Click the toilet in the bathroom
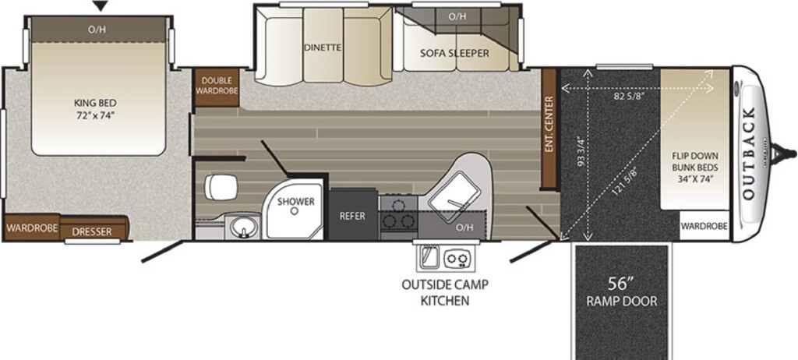[221, 187]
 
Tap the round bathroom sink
[242, 227]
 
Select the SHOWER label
[295, 202]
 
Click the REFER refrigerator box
[353, 215]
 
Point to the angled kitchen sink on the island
[454, 197]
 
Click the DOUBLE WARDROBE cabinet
[217, 87]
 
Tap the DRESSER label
[92, 232]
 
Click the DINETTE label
[322, 48]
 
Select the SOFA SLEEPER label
[454, 53]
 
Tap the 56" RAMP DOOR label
[621, 291]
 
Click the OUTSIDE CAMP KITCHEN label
[445, 292]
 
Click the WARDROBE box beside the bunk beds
[704, 225]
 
